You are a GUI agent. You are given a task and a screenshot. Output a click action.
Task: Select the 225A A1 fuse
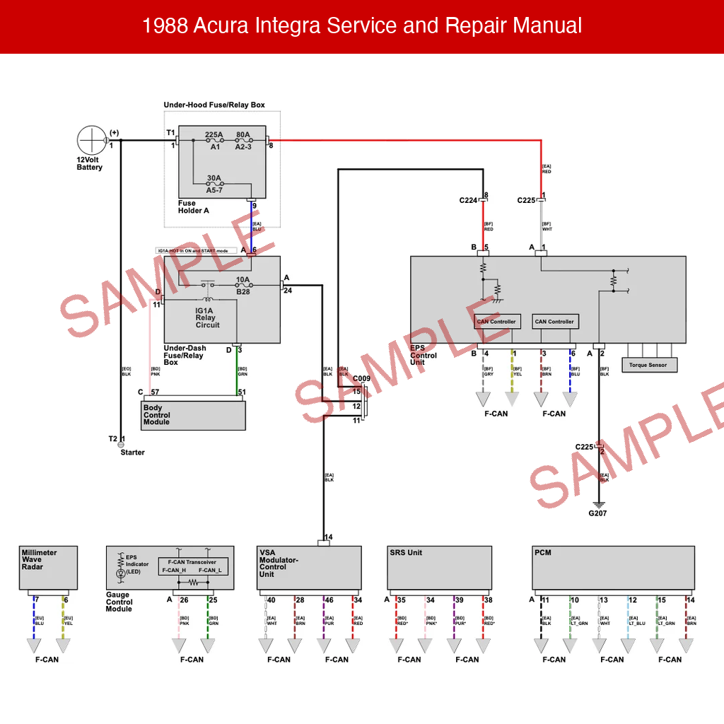click(x=214, y=141)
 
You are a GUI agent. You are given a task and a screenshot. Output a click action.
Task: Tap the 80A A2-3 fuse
click(x=243, y=141)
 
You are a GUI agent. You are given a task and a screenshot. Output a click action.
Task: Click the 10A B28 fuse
click(x=243, y=286)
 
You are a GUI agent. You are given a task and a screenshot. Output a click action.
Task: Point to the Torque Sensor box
click(x=648, y=366)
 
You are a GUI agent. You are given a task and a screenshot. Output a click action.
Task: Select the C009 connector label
click(x=361, y=379)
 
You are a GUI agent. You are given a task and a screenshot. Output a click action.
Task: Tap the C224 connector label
click(x=468, y=201)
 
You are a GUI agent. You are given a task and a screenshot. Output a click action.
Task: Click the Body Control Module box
click(x=194, y=415)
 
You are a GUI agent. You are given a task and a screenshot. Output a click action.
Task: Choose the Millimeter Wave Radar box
click(x=48, y=568)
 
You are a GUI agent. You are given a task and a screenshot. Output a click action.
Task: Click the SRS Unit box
click(x=439, y=568)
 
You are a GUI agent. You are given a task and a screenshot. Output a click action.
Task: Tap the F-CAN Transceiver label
click(x=192, y=561)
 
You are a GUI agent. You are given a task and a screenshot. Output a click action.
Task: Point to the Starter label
click(x=132, y=452)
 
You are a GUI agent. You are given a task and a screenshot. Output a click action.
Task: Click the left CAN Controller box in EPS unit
click(x=496, y=322)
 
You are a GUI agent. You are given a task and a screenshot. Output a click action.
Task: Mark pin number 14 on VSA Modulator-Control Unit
click(x=328, y=537)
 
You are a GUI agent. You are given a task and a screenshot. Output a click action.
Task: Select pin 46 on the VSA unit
click(x=329, y=600)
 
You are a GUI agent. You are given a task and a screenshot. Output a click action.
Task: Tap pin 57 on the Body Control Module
click(x=154, y=392)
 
